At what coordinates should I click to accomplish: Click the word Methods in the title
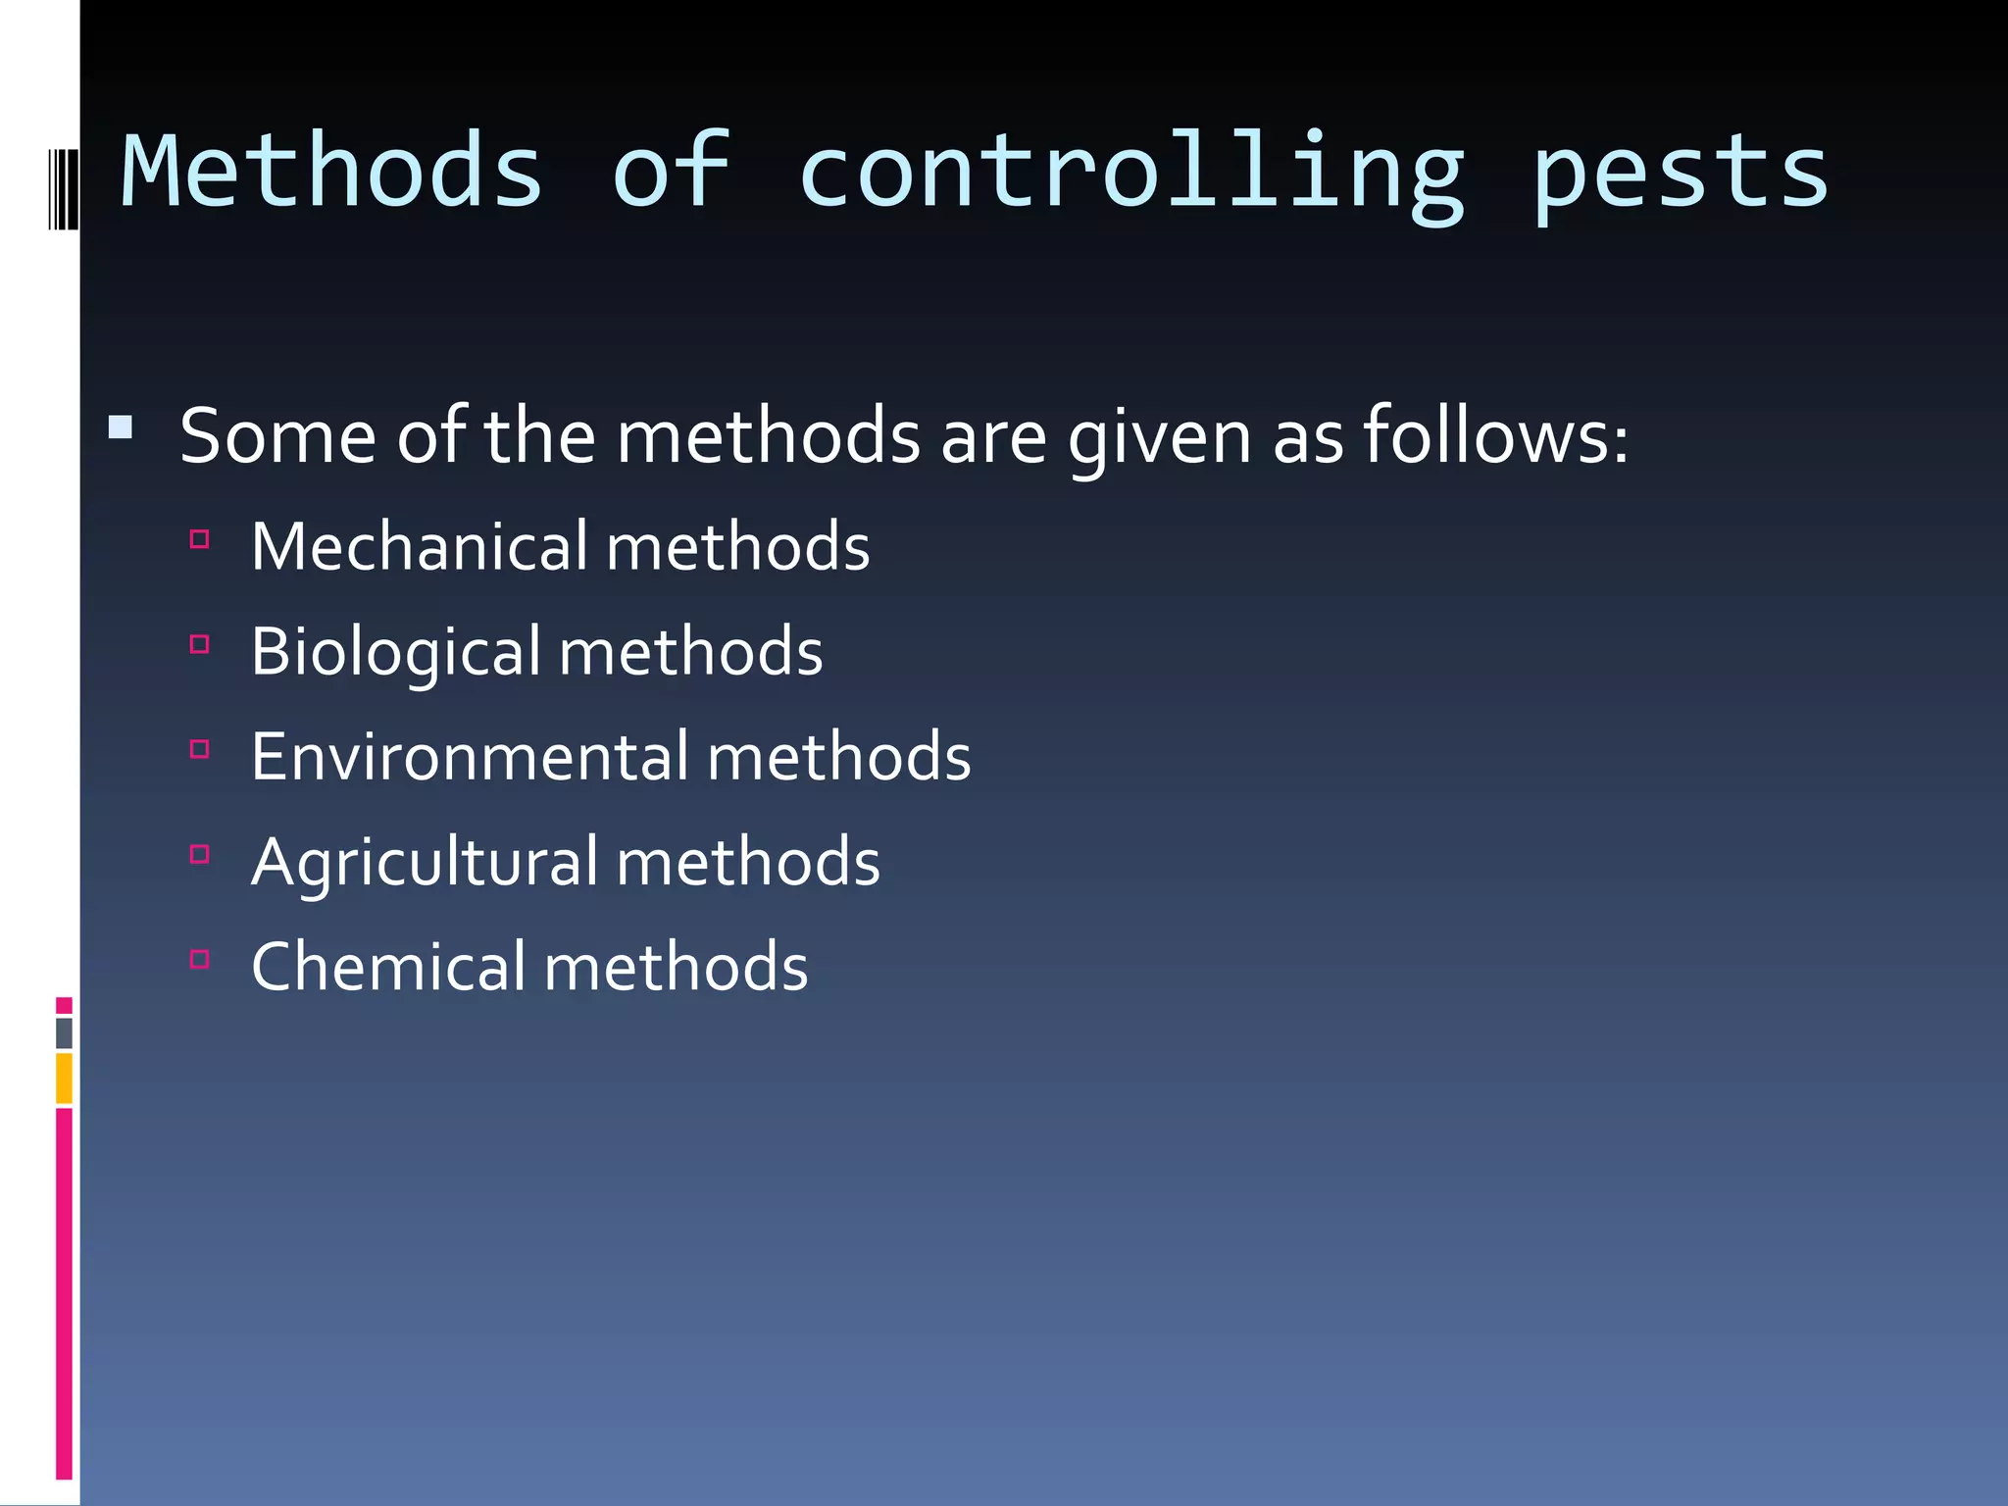click(331, 173)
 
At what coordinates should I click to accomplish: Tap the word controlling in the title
click(1132, 173)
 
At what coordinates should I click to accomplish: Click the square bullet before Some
click(121, 427)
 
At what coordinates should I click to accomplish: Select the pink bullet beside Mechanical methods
click(200, 538)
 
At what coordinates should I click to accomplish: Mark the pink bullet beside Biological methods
click(200, 644)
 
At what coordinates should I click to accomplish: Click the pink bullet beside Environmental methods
click(200, 749)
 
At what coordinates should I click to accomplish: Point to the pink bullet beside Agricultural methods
click(200, 854)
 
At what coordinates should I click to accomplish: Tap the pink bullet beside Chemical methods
click(200, 959)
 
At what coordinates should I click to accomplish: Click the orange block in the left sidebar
click(64, 1078)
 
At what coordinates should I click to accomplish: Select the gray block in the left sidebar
click(64, 1032)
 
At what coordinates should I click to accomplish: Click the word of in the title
click(672, 173)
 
